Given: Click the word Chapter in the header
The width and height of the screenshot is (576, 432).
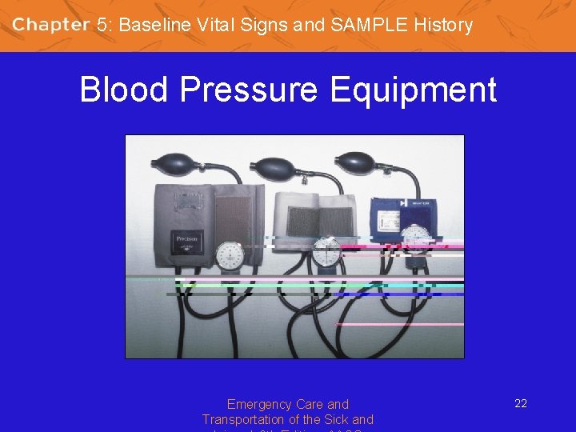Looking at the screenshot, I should click(x=50, y=25).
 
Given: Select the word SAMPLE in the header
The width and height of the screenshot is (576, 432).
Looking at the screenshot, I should click(x=367, y=25).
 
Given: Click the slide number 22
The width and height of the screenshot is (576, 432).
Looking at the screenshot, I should click(x=521, y=404).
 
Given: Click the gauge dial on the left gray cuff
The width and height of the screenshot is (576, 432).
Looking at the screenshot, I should click(x=230, y=255).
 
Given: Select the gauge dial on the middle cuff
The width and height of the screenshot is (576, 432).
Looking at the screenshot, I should click(x=327, y=252).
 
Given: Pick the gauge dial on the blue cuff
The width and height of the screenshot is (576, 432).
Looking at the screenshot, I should click(x=415, y=238).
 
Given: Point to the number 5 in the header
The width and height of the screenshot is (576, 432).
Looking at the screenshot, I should click(x=102, y=25).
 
